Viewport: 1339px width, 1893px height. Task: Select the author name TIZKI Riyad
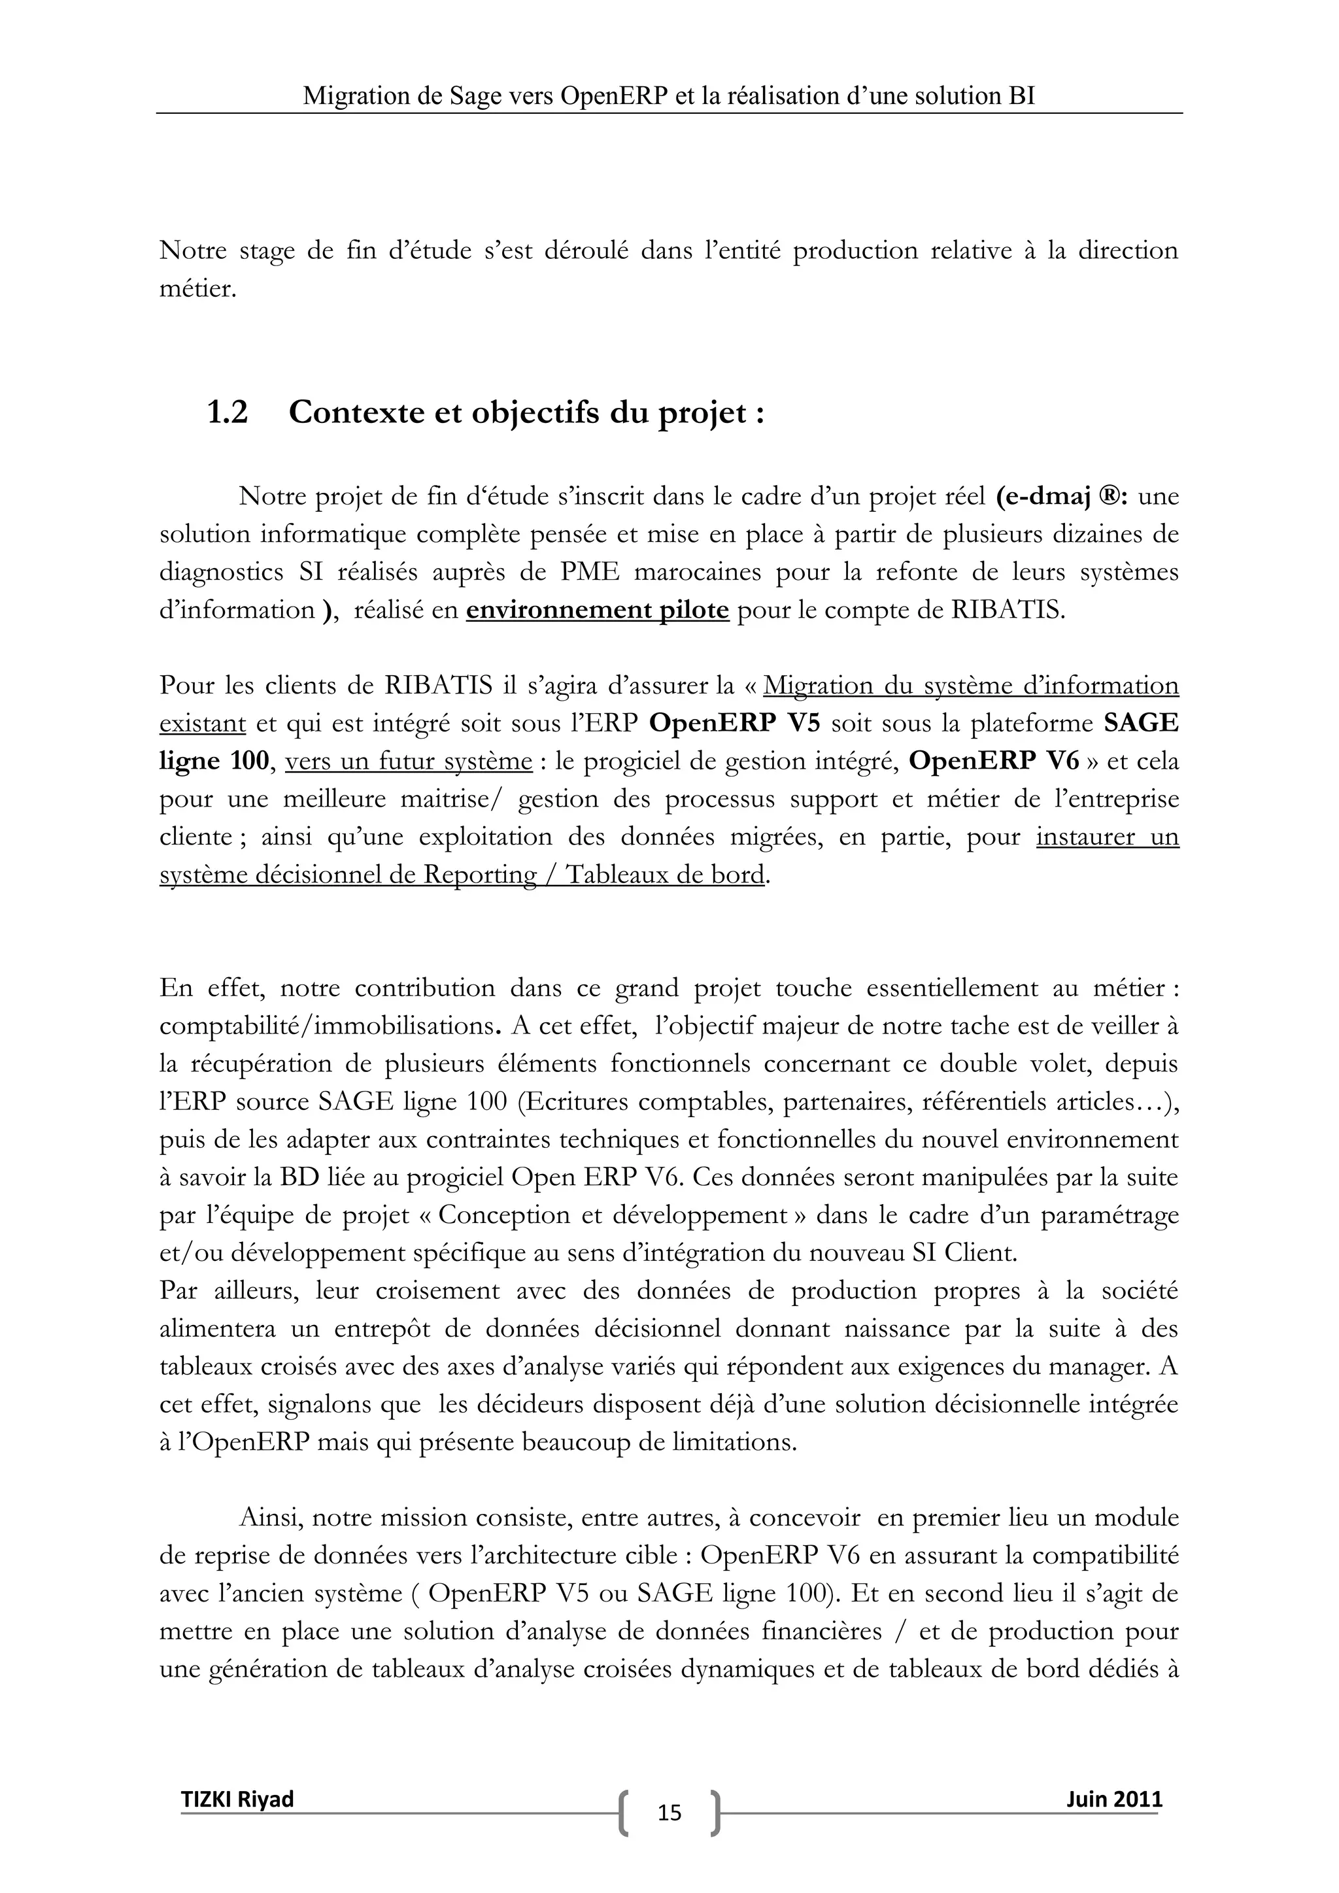click(x=237, y=1798)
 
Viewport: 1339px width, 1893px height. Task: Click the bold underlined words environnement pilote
click(x=597, y=610)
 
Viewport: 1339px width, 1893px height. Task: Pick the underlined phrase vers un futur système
click(x=408, y=761)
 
